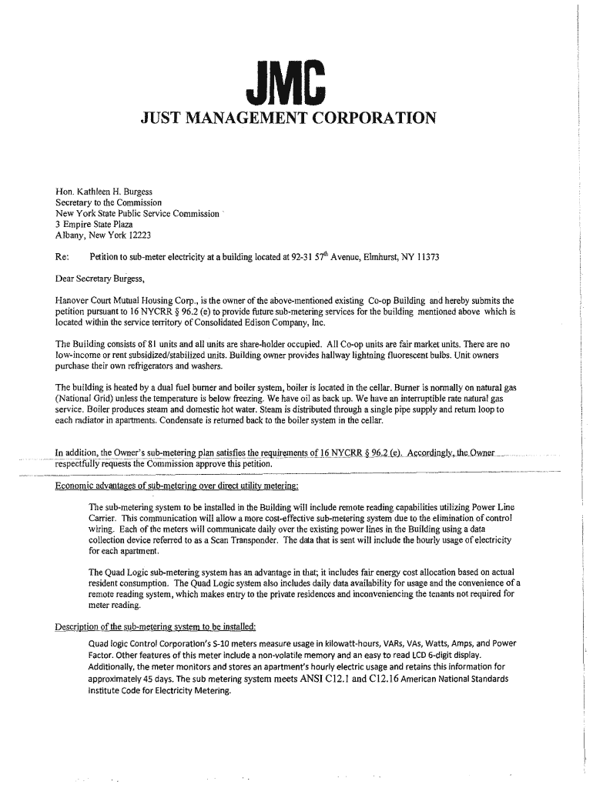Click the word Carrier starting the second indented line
click(106, 519)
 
